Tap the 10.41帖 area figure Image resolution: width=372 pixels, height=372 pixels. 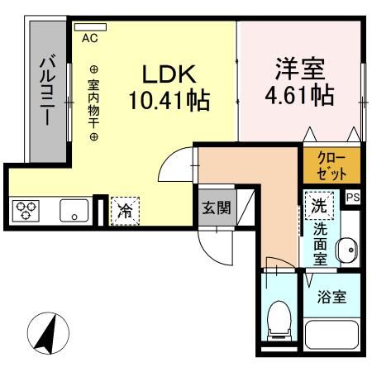click(x=169, y=102)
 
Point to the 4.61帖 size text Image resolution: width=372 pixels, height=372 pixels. click(x=300, y=96)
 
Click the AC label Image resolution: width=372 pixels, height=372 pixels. click(x=89, y=37)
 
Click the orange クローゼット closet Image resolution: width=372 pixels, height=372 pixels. click(x=331, y=165)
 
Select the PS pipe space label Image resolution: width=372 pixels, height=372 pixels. click(x=353, y=197)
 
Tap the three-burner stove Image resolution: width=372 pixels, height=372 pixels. click(x=26, y=212)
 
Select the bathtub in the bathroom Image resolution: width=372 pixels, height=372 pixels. click(x=331, y=336)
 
